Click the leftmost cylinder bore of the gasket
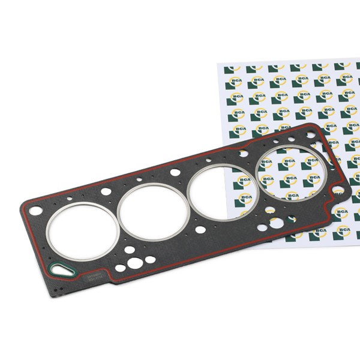[x=83, y=231]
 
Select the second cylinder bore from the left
[x=152, y=211]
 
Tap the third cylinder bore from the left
[x=223, y=193]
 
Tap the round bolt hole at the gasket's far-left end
[x=36, y=211]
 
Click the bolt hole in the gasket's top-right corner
[x=311, y=135]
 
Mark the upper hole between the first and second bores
[x=106, y=191]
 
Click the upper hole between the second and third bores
[x=175, y=172]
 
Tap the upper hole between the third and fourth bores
[x=244, y=154]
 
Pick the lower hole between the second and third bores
[x=200, y=229]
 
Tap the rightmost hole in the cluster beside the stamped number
[x=150, y=260]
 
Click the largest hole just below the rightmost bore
[x=277, y=223]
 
